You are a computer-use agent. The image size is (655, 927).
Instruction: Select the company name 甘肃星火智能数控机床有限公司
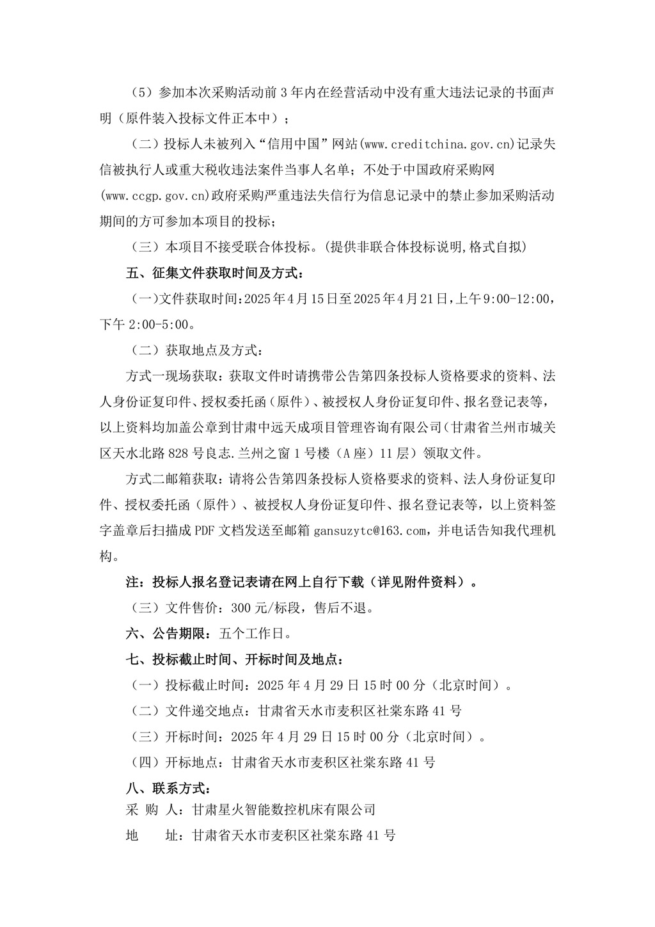pyautogui.click(x=283, y=809)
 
